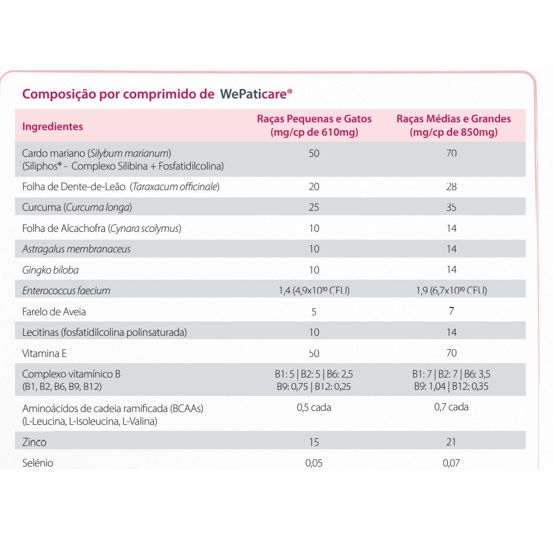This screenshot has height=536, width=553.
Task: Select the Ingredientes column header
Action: (x=52, y=126)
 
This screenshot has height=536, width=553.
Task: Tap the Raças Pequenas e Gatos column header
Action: (x=314, y=126)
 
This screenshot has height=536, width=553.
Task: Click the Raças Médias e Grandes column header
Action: (x=453, y=126)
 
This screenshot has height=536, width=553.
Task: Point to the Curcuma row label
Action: (x=77, y=207)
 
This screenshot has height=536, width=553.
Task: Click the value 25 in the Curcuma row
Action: (x=314, y=207)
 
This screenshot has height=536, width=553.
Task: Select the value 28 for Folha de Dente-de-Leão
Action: (x=451, y=187)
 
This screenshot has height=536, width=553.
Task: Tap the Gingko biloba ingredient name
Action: (x=50, y=270)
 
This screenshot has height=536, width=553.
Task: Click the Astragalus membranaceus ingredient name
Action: (x=76, y=249)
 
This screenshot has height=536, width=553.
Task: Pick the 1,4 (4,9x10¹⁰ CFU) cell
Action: (x=314, y=290)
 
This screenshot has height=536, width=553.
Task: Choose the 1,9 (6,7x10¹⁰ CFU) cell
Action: (x=451, y=290)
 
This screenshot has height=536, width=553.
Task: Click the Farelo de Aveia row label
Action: (x=54, y=312)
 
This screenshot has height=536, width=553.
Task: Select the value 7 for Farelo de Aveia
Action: (x=451, y=311)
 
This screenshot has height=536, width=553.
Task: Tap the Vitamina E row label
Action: (x=45, y=353)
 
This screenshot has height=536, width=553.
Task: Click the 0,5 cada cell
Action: (x=314, y=408)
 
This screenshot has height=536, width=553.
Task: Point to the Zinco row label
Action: (x=34, y=443)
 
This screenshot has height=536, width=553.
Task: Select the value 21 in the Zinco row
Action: (x=451, y=442)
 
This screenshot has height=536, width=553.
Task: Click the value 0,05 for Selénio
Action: (x=314, y=463)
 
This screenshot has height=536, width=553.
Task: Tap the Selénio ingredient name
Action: (x=38, y=463)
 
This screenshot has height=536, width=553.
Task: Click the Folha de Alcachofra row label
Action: (x=101, y=229)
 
